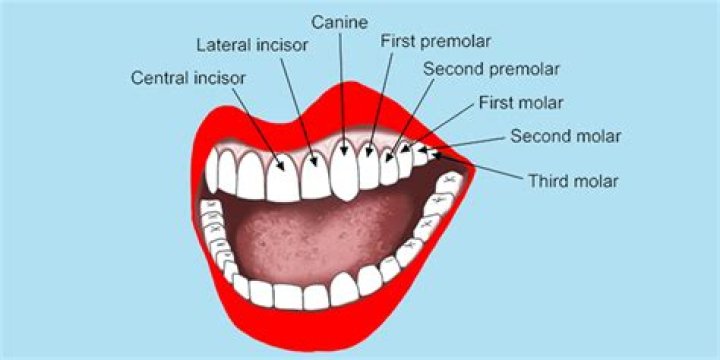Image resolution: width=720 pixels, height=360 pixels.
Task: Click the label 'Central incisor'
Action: point(188,77)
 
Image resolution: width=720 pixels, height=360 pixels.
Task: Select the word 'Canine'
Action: point(340,20)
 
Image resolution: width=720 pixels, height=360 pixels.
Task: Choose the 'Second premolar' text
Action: point(491,69)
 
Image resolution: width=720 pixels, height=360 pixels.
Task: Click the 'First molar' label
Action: point(521,102)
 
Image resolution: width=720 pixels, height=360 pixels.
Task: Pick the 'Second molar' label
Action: point(566,135)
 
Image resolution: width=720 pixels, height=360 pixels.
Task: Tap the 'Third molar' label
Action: point(573,181)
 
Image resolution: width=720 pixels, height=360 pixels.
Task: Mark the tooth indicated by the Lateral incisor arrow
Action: point(315,175)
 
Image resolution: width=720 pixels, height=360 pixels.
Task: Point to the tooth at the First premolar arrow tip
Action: point(369,168)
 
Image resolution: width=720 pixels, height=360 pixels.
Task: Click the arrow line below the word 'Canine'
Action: point(343,90)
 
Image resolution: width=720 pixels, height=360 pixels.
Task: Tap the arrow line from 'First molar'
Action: point(440,128)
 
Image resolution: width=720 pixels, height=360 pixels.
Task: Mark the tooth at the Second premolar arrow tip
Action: point(389,166)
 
